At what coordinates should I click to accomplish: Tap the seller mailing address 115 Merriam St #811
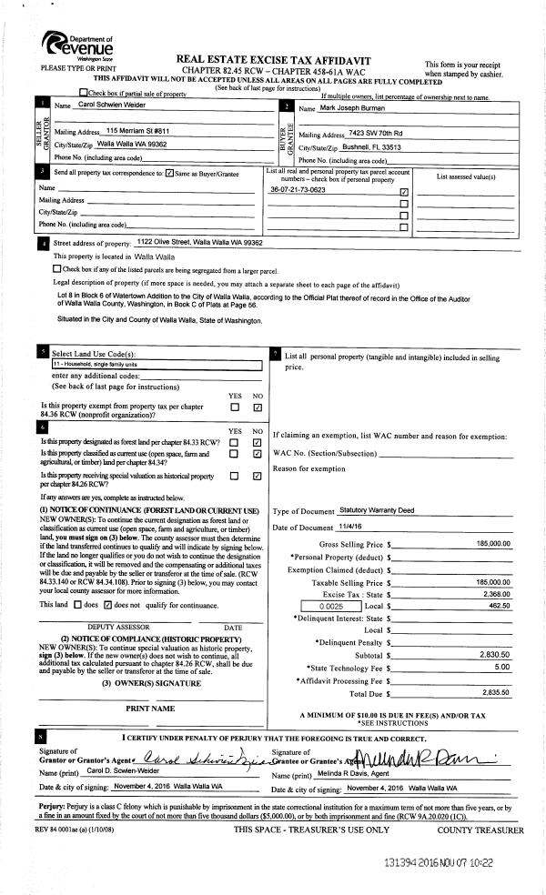137,131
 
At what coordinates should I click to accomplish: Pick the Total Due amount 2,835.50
492,691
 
